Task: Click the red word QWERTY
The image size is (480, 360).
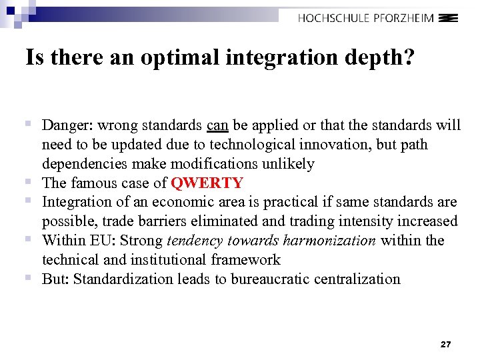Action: tap(207, 183)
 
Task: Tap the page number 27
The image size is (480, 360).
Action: tap(446, 345)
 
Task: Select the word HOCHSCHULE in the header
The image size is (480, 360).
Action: tap(333, 18)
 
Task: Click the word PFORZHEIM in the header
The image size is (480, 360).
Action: tap(404, 18)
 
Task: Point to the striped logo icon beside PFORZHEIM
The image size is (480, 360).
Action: tap(449, 18)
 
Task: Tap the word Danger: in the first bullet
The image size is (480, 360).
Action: tap(65, 125)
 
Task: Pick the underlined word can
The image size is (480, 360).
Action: tap(217, 125)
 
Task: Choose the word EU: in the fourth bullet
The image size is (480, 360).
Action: tap(106, 241)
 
